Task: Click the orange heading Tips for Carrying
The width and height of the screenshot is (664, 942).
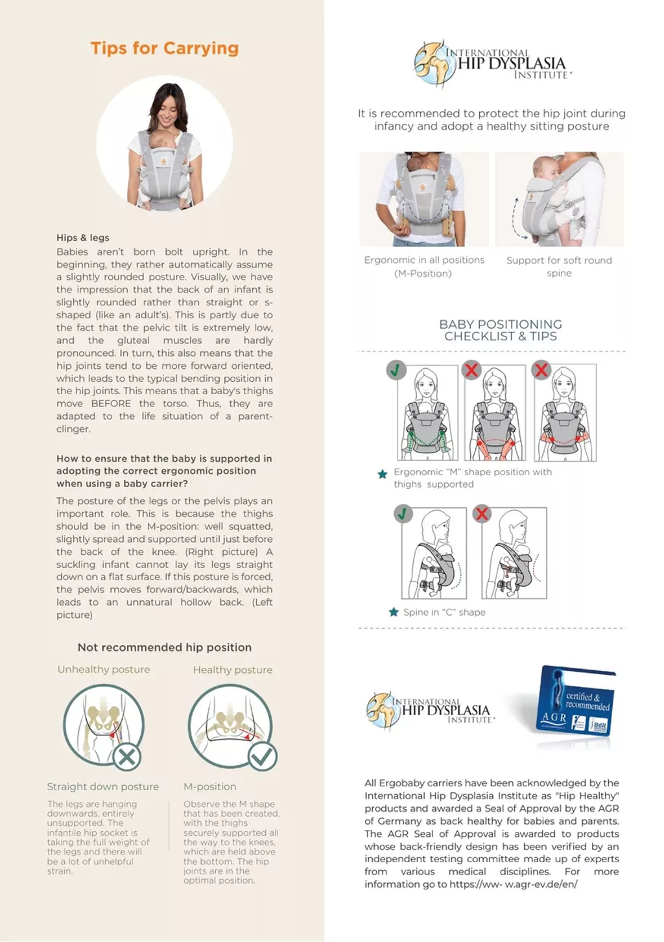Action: [165, 49]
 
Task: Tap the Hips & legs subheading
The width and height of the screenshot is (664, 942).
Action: [82, 238]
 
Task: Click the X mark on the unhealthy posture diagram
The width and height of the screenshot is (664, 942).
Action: [127, 757]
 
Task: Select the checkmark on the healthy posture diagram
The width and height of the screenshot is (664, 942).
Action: [263, 756]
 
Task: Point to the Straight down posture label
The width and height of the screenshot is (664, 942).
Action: [102, 786]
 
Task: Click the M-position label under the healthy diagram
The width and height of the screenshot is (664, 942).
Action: [209, 786]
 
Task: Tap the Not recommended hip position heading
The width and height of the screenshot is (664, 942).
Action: [164, 647]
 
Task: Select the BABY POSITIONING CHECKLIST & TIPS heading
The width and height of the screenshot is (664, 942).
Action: [500, 330]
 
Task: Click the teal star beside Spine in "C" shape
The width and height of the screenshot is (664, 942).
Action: [394, 612]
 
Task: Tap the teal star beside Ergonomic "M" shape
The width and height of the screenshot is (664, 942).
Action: [383, 475]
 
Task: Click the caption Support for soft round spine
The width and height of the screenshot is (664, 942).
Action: [559, 266]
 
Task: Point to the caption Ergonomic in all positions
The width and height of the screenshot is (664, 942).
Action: [424, 260]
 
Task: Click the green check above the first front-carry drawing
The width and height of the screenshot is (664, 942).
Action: [396, 370]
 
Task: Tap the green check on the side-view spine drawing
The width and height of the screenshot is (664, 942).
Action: [403, 514]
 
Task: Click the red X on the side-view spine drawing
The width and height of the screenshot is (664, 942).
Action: [481, 514]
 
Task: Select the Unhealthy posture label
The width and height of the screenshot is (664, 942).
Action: [103, 670]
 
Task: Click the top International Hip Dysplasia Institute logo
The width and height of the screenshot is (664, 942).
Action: [493, 64]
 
